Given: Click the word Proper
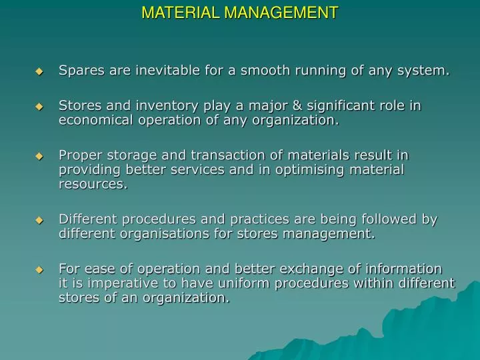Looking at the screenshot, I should point(79,155).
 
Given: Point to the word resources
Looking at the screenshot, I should point(92,185).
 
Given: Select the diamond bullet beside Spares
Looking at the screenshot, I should point(39,71).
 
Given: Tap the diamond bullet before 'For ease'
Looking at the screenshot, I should point(39,269).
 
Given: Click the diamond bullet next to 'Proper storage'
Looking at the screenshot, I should point(39,155).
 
